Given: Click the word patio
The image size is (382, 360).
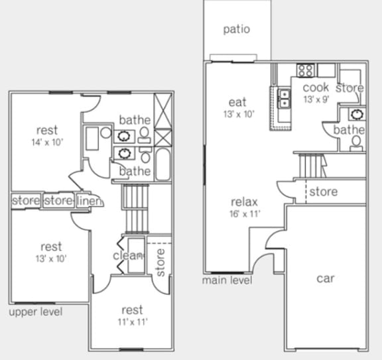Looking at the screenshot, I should (237, 29).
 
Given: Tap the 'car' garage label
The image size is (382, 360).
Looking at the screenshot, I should (325, 278).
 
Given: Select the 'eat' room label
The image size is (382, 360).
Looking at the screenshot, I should (237, 102).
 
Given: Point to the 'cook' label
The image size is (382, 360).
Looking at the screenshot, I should (316, 88).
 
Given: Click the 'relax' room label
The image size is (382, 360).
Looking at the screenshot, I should (244, 202).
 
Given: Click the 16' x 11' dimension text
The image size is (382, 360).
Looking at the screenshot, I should (245, 214).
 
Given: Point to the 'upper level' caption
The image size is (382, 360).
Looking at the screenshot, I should (36, 312).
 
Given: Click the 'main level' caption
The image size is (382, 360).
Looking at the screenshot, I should (227, 280).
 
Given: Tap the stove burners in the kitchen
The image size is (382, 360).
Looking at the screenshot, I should (305, 70).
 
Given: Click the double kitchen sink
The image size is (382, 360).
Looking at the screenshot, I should (285, 99).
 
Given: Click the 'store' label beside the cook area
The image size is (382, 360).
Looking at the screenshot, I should (350, 88).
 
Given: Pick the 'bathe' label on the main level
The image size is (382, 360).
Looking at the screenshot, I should (349, 130).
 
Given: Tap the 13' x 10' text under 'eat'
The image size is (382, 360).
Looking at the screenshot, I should (237, 114).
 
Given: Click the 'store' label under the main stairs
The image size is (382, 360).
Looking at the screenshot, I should (324, 192).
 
